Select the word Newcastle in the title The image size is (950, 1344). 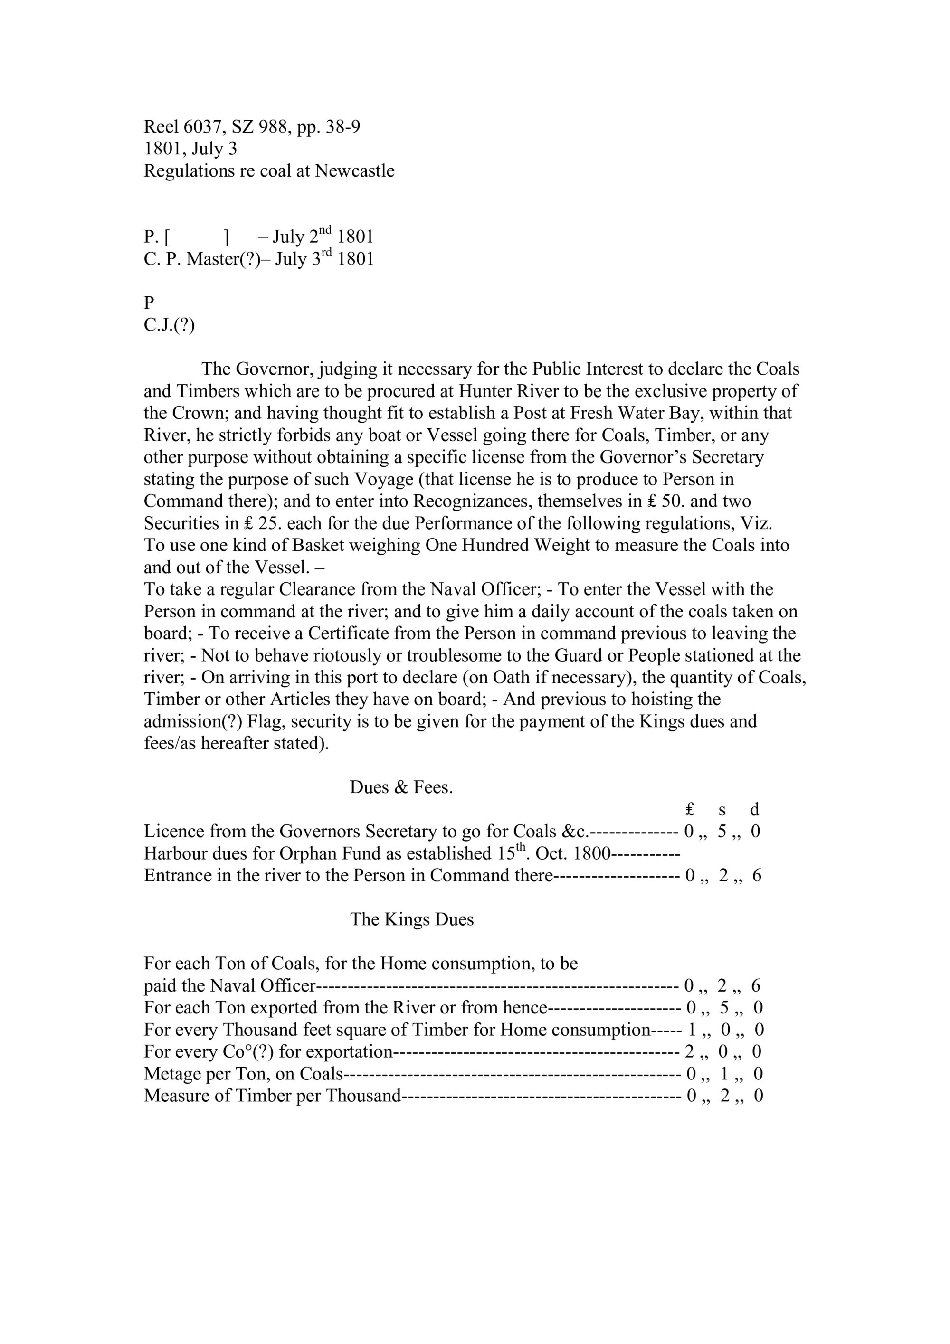pyautogui.click(x=355, y=171)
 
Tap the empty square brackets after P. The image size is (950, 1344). pyautogui.click(x=197, y=237)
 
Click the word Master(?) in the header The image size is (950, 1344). pyautogui.click(x=222, y=259)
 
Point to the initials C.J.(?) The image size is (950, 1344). pyautogui.click(x=169, y=325)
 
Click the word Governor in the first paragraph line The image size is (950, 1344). pyautogui.click(x=275, y=369)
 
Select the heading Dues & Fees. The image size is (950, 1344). pyautogui.click(x=401, y=787)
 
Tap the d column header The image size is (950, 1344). pyautogui.click(x=754, y=810)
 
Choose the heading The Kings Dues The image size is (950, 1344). pyautogui.click(x=411, y=919)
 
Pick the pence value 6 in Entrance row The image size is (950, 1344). pyautogui.click(x=756, y=876)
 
